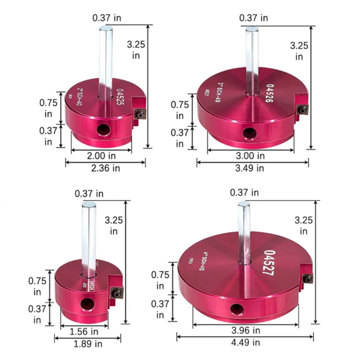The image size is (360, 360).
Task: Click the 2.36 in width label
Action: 105,168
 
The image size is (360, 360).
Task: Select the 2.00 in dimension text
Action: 101,156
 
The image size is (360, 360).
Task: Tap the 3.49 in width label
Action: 250,168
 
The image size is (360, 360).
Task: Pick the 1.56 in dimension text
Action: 84,332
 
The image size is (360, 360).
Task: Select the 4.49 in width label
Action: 246,342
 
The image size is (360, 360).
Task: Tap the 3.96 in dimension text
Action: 246,330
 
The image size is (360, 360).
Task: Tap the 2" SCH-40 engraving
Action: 80,93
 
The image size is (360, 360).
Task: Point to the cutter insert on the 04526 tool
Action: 302,109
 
